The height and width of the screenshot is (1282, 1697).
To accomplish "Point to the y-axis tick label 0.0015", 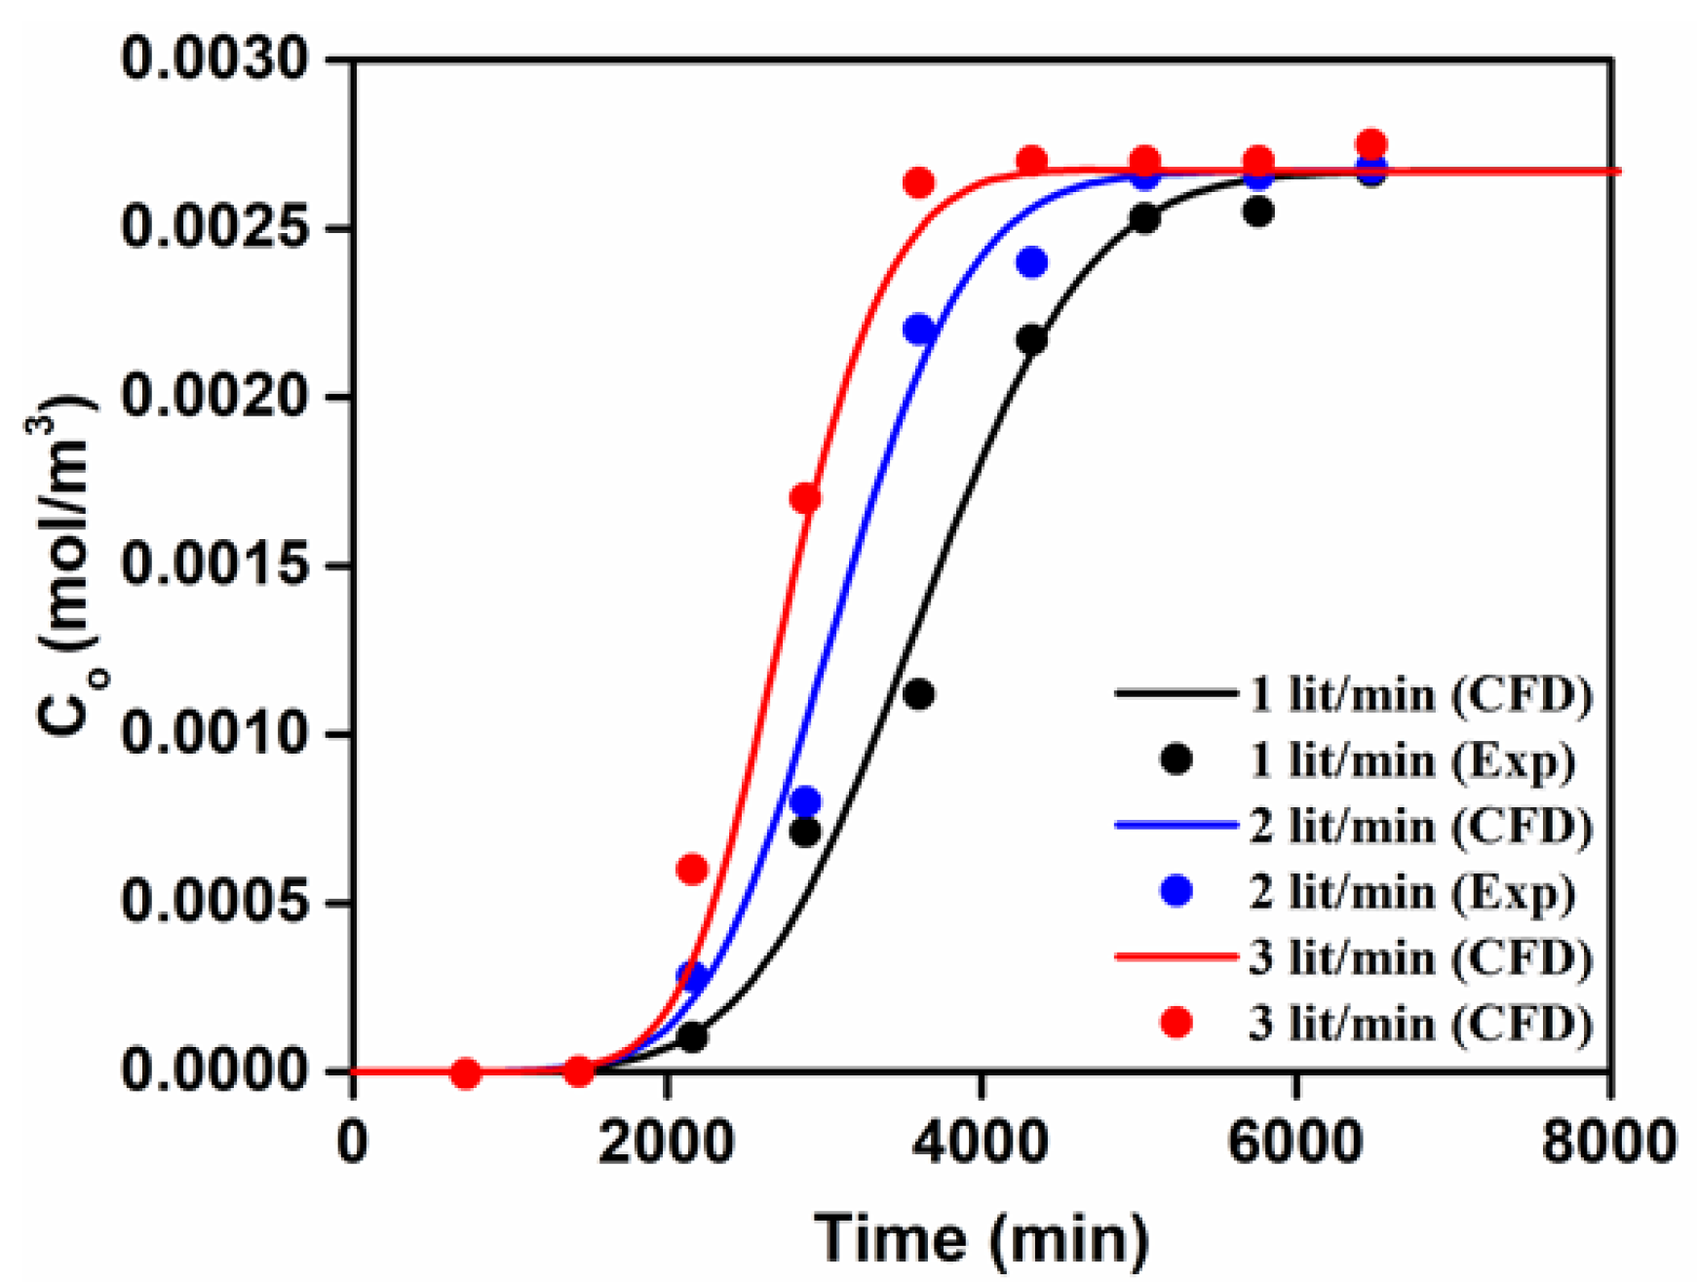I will [x=218, y=565].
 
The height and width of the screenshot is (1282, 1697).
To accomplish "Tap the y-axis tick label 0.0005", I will [x=218, y=903].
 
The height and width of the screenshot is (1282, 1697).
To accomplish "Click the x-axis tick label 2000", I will [x=666, y=1141].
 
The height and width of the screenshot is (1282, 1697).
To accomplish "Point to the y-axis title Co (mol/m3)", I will [x=66, y=565].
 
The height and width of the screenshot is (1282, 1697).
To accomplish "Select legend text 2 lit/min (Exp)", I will [x=1411, y=893].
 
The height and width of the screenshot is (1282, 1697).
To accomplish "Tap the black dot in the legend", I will [x=1177, y=759].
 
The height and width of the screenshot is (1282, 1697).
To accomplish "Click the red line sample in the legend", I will [x=1176, y=957].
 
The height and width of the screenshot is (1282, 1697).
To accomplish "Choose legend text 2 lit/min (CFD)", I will [x=1420, y=827].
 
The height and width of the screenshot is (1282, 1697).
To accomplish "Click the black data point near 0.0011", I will [x=918, y=695].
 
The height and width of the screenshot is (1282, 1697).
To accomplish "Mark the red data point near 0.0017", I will [x=805, y=499].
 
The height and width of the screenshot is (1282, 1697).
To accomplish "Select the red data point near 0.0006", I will [x=691, y=869].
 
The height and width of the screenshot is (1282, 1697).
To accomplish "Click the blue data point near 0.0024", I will [x=1031, y=262].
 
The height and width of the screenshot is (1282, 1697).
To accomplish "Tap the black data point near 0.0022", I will [x=1031, y=340].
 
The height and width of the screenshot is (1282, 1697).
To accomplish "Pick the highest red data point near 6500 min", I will [x=1371, y=143].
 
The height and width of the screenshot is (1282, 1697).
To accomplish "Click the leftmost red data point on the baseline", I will [x=466, y=1073].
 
